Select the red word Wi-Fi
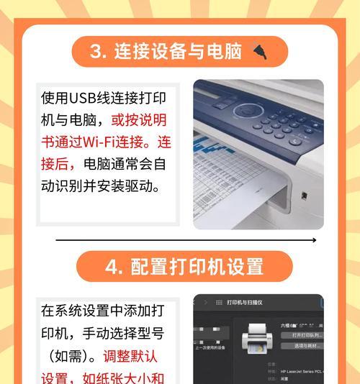pyautogui.click(x=99, y=142)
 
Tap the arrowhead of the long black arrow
pyautogui.click(x=316, y=239)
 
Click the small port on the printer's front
pyautogui.click(x=305, y=195)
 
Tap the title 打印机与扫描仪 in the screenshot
pyautogui.click(x=244, y=303)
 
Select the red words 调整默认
pyautogui.click(x=131, y=356)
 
